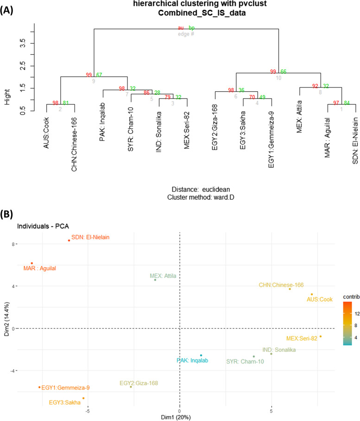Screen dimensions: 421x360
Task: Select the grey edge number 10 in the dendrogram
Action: [x=278, y=78]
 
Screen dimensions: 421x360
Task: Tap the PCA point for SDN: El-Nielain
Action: [x=69, y=240]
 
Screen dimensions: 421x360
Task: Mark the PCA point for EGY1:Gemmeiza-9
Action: [x=39, y=387]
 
